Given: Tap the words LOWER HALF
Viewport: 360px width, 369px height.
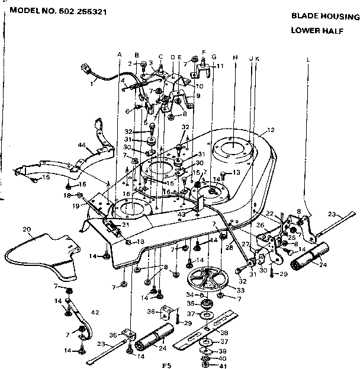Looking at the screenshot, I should pyautogui.click(x=312, y=31).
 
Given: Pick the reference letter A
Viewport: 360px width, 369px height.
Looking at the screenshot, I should pyautogui.click(x=119, y=54).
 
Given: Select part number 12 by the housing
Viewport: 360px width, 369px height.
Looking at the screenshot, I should pyautogui.click(x=272, y=130).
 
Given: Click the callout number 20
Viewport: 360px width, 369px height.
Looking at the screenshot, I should pyautogui.click(x=26, y=229).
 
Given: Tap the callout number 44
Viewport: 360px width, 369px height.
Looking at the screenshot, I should pyautogui.click(x=82, y=146).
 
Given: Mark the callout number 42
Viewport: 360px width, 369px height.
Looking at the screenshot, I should pyautogui.click(x=95, y=312).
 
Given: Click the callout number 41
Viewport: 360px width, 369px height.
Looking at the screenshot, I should pyautogui.click(x=223, y=365).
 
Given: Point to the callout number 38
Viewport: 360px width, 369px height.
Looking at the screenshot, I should pyautogui.click(x=224, y=333).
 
